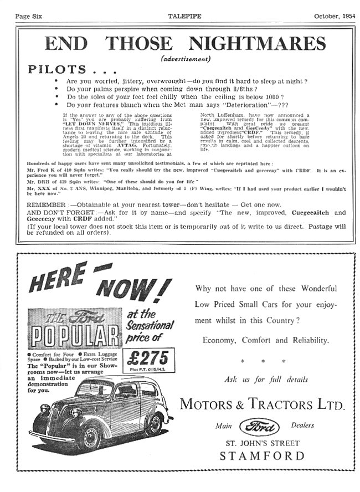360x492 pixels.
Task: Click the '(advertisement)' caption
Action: [x=186, y=59]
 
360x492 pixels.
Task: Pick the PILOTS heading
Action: [x=58, y=70]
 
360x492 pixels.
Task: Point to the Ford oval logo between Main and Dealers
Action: [x=259, y=426]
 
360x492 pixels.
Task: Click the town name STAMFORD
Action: [x=262, y=457]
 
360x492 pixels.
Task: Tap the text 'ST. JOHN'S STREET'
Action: [x=262, y=443]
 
